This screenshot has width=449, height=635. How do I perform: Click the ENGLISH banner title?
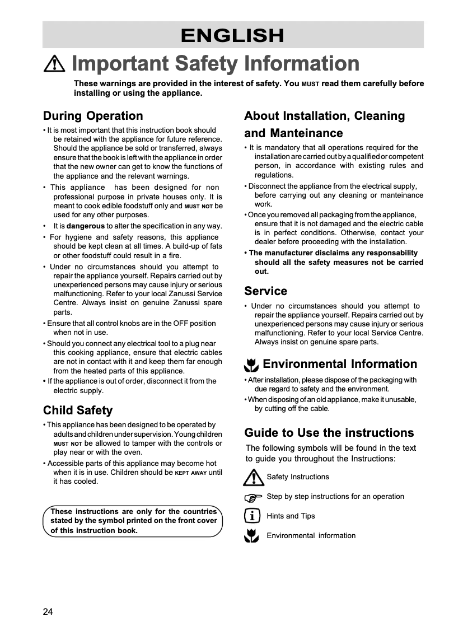click(232, 35)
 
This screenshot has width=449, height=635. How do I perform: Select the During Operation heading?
click(93, 116)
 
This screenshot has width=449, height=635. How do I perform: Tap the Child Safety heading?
click(78, 410)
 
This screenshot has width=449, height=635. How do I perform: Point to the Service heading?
click(265, 291)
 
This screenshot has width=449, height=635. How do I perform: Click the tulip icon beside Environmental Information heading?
click(251, 366)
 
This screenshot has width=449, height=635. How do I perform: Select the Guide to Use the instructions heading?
click(329, 433)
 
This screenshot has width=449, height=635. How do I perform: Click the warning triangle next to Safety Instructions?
click(253, 477)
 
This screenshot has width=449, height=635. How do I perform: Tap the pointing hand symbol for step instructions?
click(253, 497)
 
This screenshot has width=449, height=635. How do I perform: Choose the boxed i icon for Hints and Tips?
click(252, 516)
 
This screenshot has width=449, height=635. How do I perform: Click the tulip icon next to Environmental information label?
click(252, 536)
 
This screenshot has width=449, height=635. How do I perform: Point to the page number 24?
click(48, 611)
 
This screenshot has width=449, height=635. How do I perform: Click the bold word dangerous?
click(85, 226)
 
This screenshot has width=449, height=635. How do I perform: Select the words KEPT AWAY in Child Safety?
click(190, 473)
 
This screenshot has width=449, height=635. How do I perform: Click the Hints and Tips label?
click(291, 516)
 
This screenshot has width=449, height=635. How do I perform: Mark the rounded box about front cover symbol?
click(133, 521)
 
